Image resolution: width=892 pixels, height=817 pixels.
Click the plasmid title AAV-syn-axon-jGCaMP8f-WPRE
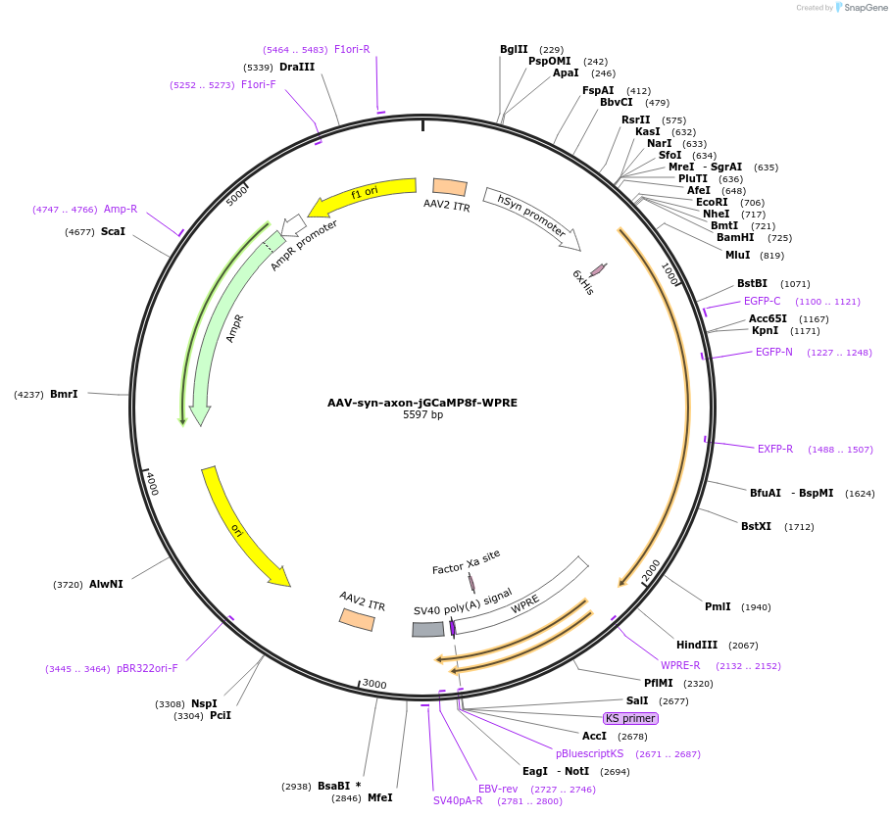pos(422,403)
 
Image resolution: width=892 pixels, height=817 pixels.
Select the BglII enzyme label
pos(514,49)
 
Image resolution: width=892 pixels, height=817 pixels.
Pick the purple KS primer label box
pos(630,718)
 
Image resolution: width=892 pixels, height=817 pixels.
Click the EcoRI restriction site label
pos(712,202)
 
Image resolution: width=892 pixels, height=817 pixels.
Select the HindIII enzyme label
pos(697,645)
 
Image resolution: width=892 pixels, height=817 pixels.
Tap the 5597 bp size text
pos(422,415)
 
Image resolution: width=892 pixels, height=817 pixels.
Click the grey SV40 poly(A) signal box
pos(428,629)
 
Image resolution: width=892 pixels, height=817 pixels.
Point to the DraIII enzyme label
pos(297,67)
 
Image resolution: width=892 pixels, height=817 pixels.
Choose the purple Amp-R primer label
pos(121,209)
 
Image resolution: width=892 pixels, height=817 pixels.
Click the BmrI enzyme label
pos(64,394)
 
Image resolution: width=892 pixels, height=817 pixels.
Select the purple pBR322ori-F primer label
pos(147,668)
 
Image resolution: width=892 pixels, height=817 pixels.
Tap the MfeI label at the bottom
pos(379,797)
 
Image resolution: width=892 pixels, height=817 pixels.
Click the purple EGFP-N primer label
pos(773,352)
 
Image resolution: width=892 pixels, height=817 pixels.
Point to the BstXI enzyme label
pos(756,526)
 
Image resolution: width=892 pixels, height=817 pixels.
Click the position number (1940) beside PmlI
pos(756,606)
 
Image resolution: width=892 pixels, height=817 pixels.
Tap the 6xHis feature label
pos(582,282)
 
